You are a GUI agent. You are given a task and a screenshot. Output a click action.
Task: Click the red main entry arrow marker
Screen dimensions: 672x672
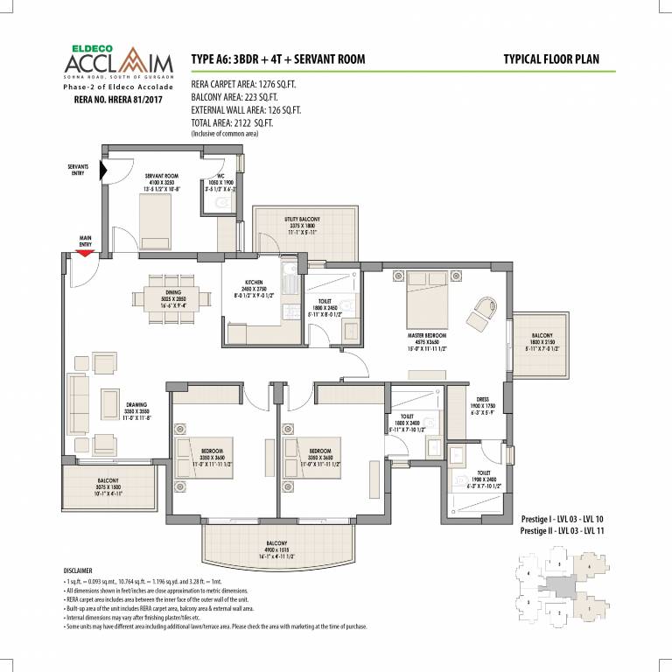pyautogui.click(x=85, y=253)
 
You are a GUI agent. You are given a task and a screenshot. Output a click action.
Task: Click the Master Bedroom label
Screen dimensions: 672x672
pyautogui.click(x=428, y=334)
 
